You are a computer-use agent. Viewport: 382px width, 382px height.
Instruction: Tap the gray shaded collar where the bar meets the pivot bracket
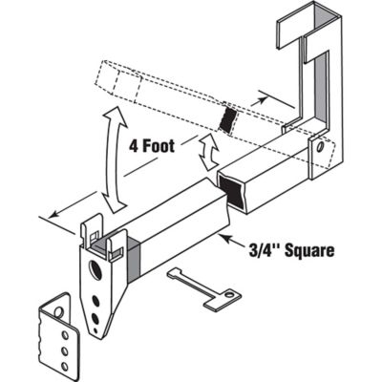(x=133, y=255)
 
